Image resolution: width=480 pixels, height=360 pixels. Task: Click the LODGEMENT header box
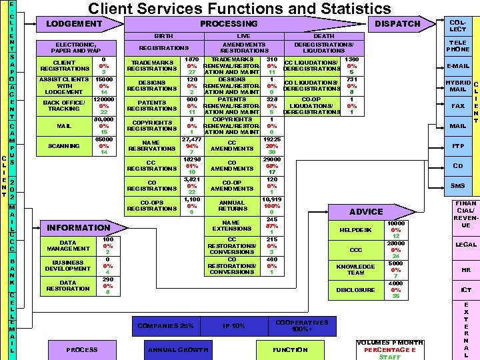pyautogui.click(x=74, y=24)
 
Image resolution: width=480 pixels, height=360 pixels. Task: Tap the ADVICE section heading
pyautogui.click(x=366, y=211)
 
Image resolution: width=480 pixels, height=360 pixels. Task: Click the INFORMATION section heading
pyautogui.click(x=78, y=228)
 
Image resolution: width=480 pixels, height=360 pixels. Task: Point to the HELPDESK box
pyautogui.click(x=355, y=230)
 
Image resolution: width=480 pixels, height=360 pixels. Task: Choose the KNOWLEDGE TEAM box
pyautogui.click(x=355, y=269)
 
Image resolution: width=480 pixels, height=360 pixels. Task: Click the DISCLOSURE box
pyautogui.click(x=355, y=290)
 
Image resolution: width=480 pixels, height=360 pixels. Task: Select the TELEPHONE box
pyautogui.click(x=457, y=45)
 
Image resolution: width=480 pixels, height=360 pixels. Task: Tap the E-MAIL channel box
pyautogui.click(x=457, y=66)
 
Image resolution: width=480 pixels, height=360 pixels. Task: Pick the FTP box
pyautogui.click(x=457, y=146)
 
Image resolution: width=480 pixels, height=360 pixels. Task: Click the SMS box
pyautogui.click(x=457, y=186)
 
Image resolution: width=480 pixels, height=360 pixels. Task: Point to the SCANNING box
pyautogui.click(x=64, y=145)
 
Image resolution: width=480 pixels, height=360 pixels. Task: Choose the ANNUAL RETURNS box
pyautogui.click(x=231, y=206)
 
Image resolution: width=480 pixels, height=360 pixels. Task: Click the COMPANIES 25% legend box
pyautogui.click(x=165, y=325)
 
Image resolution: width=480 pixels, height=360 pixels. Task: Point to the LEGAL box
pyautogui.click(x=465, y=245)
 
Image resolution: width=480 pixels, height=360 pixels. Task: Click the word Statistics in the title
pyautogui.click(x=347, y=9)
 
